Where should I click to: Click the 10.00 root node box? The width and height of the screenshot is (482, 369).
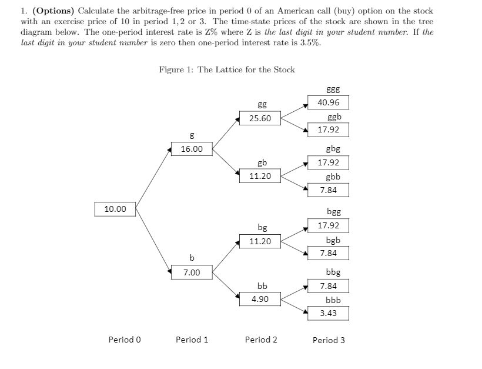coord(115,208)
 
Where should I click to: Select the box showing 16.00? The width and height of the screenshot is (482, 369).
coord(192,149)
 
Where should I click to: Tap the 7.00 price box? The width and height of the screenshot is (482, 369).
coord(192,272)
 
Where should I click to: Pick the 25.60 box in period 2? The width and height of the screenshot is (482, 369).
coord(260,118)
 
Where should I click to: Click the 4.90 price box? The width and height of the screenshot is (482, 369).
coord(260,299)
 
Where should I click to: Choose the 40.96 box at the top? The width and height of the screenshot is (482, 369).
coord(328,102)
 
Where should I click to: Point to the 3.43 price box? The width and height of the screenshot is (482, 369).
coord(328,313)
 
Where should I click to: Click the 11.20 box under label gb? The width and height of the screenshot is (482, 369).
coord(260,175)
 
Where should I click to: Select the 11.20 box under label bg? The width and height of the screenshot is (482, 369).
coord(260,241)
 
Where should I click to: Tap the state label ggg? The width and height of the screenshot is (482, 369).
coord(333,89)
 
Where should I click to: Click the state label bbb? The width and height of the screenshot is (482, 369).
coord(333,300)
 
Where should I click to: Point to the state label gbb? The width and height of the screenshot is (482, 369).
coord(333,176)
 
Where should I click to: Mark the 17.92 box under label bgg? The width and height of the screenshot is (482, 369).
coord(328,225)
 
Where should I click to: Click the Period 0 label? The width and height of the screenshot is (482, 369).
coord(125,340)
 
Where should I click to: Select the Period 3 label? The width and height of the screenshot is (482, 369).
coord(329,340)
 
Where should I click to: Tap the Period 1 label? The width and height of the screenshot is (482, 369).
coord(192,340)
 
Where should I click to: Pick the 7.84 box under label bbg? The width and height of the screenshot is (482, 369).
coord(328,286)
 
